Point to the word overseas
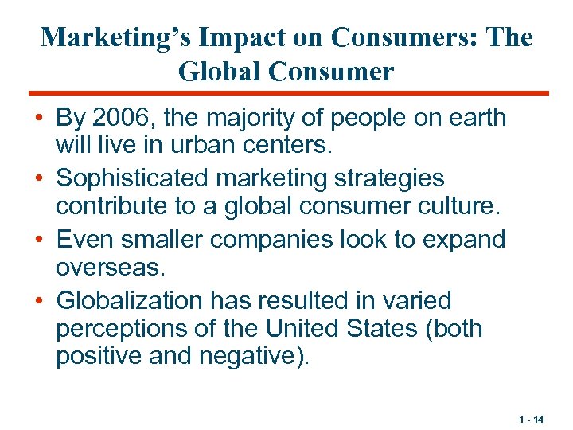[x=108, y=268]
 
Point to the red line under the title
[x=286, y=93]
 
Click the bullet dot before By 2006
[x=38, y=119]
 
